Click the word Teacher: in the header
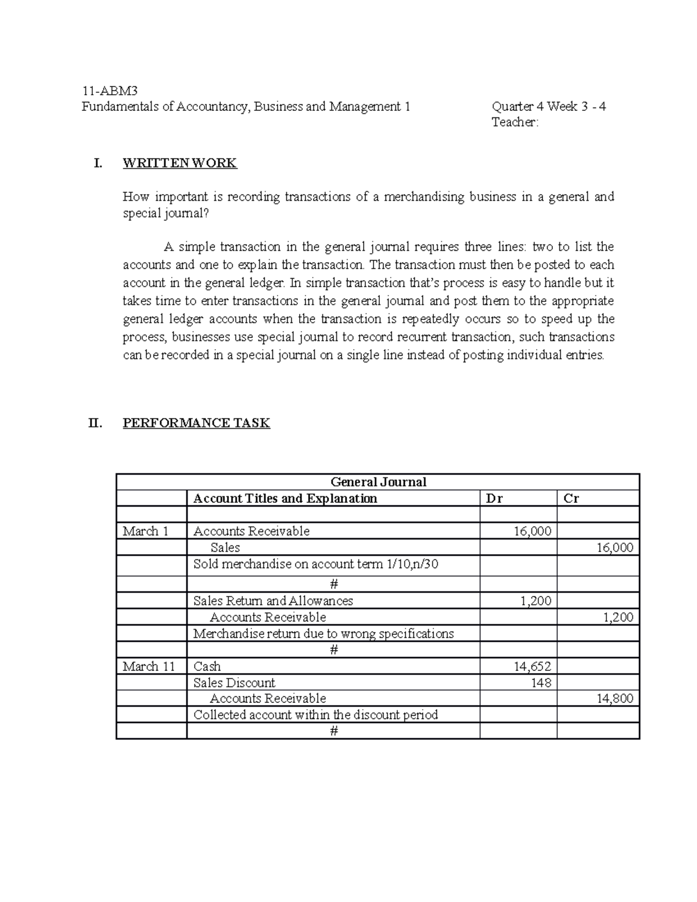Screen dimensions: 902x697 515,122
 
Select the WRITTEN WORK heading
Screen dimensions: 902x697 179,163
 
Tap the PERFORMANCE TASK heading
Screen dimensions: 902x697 196,423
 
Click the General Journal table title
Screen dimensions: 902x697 378,482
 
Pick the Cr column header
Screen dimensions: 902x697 571,498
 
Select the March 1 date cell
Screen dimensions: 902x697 145,531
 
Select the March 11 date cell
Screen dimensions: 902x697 149,666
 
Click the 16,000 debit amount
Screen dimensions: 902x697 533,531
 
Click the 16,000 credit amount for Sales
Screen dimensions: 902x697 615,547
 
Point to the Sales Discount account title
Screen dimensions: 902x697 234,682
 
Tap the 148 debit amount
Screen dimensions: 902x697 541,682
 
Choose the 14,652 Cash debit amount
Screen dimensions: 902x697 532,666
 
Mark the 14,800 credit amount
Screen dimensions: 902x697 615,698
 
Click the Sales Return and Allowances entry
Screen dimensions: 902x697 273,601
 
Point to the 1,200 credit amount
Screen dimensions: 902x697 618,617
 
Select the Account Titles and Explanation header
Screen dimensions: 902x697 285,498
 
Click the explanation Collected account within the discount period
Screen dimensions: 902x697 315,714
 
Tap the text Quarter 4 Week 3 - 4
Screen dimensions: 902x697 548,106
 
